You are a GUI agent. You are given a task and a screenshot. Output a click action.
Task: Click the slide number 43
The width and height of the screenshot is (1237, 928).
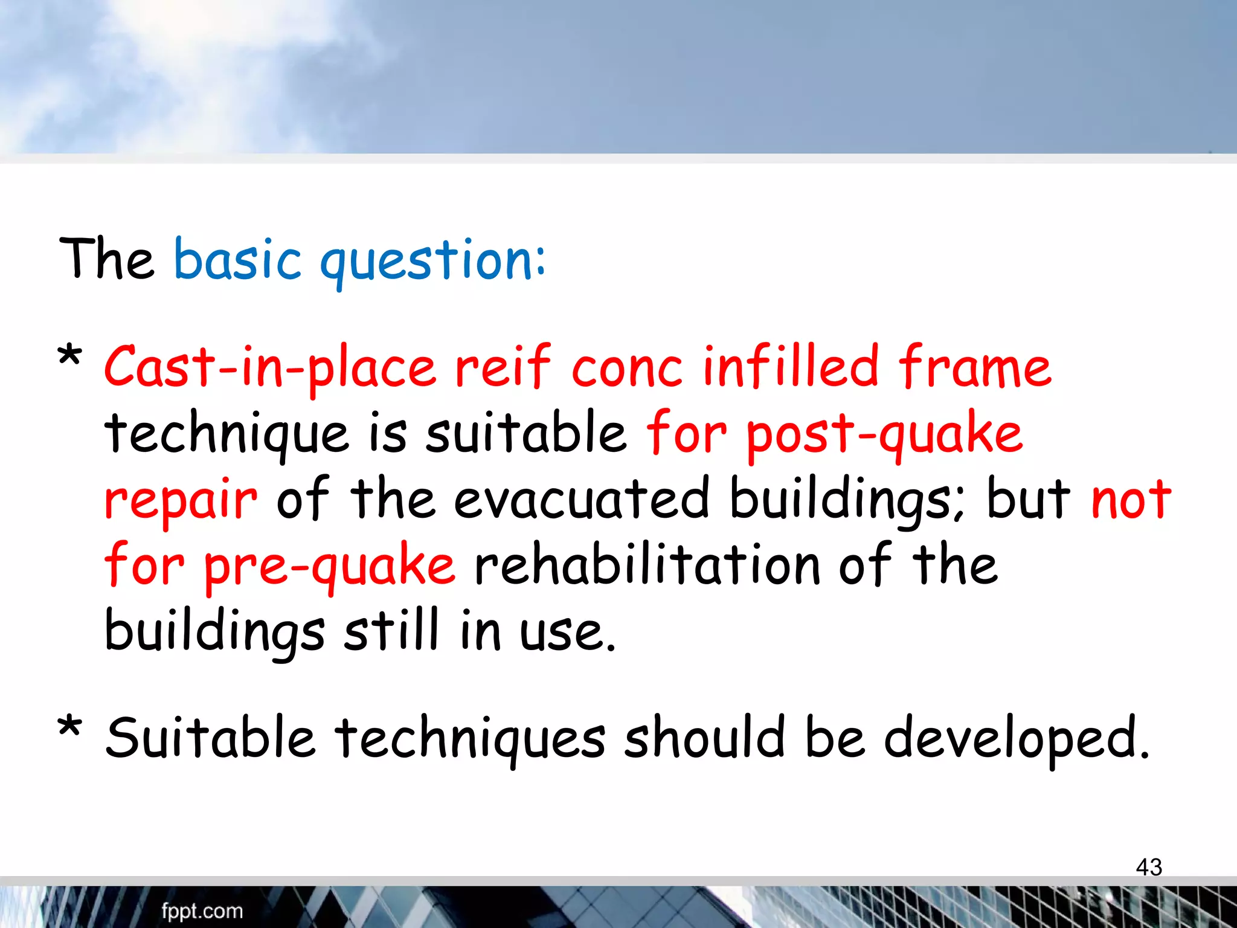pyautogui.click(x=1148, y=867)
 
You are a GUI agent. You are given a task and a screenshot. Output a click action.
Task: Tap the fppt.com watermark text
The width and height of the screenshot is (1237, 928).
pyautogui.click(x=202, y=910)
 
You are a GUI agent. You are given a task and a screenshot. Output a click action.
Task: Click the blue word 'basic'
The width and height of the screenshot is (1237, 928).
pyautogui.click(x=237, y=260)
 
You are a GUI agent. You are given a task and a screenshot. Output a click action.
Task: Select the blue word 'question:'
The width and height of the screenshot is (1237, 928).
pyautogui.click(x=432, y=261)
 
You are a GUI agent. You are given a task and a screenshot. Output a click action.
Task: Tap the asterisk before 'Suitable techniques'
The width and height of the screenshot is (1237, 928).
pyautogui.click(x=69, y=727)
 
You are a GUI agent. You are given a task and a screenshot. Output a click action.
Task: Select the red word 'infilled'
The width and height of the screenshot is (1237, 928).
pyautogui.click(x=790, y=366)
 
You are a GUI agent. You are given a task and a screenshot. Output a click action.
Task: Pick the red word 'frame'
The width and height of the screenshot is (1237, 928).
pyautogui.click(x=974, y=366)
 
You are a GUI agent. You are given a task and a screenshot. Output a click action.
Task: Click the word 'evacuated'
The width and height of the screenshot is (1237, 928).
pyautogui.click(x=581, y=499)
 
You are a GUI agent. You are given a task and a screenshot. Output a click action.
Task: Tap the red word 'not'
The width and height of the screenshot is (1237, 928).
pyautogui.click(x=1131, y=500)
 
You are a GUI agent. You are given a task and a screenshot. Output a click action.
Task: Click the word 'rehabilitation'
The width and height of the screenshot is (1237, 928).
pyautogui.click(x=646, y=565)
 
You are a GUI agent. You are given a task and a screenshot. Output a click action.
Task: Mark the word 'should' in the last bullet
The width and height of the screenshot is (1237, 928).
pyautogui.click(x=704, y=737)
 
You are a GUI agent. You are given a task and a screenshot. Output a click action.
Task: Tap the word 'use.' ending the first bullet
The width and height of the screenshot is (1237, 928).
pyautogui.click(x=568, y=632)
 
